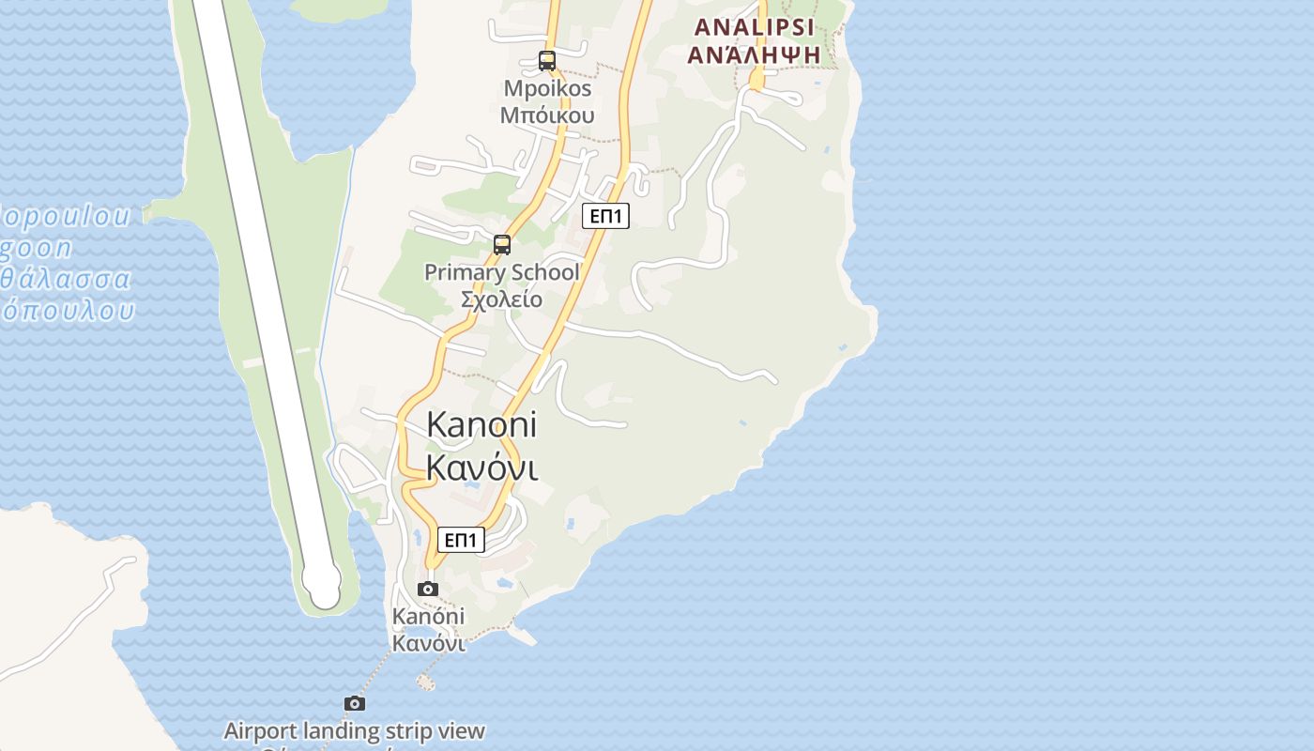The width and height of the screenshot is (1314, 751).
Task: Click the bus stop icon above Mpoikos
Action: pyautogui.click(x=547, y=61)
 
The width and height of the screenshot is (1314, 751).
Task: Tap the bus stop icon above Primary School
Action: pyautogui.click(x=502, y=245)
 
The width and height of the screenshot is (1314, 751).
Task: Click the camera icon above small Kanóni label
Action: pyautogui.click(x=428, y=589)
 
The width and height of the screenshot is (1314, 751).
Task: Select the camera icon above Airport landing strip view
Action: pyautogui.click(x=354, y=703)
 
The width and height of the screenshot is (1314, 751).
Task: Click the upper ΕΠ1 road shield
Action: pyautogui.click(x=605, y=216)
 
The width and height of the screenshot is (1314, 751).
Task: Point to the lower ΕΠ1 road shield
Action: pyautogui.click(x=461, y=540)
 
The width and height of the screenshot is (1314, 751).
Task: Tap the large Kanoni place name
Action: pyautogui.click(x=481, y=424)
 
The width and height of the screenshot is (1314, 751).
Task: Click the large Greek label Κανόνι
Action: pyautogui.click(x=482, y=467)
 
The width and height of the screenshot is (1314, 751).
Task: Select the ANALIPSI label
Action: pyautogui.click(x=754, y=27)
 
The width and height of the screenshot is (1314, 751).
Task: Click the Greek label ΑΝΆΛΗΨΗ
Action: pyautogui.click(x=754, y=54)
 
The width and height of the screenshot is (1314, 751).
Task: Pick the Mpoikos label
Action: pyautogui.click(x=548, y=88)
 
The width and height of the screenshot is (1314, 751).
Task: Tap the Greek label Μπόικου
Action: pyautogui.click(x=548, y=115)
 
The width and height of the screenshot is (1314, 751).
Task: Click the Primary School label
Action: pyautogui.click(x=501, y=272)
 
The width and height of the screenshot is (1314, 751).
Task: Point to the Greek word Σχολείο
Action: pyautogui.click(x=501, y=299)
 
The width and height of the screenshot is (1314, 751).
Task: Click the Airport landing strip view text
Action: pyautogui.click(x=354, y=730)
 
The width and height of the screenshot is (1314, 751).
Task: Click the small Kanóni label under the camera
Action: pyautogui.click(x=428, y=617)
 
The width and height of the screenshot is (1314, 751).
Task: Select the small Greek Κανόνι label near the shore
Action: pyautogui.click(x=428, y=643)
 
